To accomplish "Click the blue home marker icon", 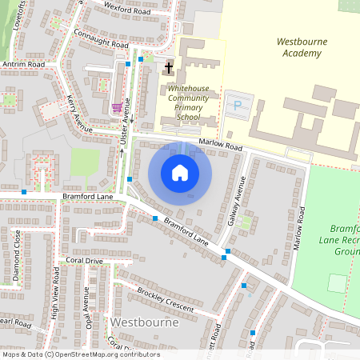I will click(x=180, y=173).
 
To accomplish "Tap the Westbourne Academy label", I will click(x=299, y=47).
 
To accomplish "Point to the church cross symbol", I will click(x=168, y=69).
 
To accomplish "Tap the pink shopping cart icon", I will click(x=117, y=107).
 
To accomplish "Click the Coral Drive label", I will click(x=85, y=261).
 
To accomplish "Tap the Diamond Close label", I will click(x=16, y=254).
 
